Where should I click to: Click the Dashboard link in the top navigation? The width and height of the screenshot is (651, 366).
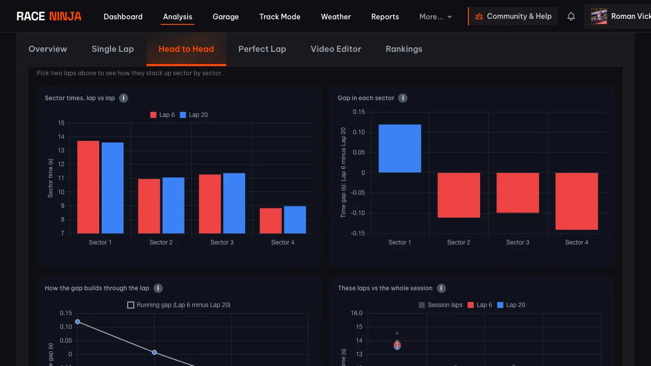coord(123,17)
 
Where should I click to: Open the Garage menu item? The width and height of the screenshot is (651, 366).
coord(225,17)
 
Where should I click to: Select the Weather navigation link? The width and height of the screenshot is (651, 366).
coord(336,17)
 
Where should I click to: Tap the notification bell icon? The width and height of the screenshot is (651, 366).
coord(571,16)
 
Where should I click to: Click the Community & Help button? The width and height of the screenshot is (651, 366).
coord(513,16)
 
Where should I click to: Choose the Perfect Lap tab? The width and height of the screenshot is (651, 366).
coord(262,49)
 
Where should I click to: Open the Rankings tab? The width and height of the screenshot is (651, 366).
coord(404,49)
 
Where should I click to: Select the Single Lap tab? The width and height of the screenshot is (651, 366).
coord(112,49)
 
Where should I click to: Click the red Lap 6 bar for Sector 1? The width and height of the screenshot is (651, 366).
coord(88,187)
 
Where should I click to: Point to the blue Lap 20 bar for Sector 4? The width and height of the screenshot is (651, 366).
coord(294,220)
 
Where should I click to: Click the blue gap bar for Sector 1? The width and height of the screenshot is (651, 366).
coord(400,148)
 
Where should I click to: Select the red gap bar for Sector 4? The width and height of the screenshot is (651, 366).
coord(576,201)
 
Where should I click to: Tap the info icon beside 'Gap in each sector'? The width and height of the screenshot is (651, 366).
coord(402,98)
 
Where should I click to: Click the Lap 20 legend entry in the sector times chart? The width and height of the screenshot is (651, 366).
coord(194,115)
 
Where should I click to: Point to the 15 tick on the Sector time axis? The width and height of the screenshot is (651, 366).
coord(61,123)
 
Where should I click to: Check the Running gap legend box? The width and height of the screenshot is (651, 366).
coord(131,305)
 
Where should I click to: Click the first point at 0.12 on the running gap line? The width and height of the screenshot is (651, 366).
coord(78,322)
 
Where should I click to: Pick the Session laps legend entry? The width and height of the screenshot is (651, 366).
coord(440,305)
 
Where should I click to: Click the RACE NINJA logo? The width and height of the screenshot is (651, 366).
coord(49,16)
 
